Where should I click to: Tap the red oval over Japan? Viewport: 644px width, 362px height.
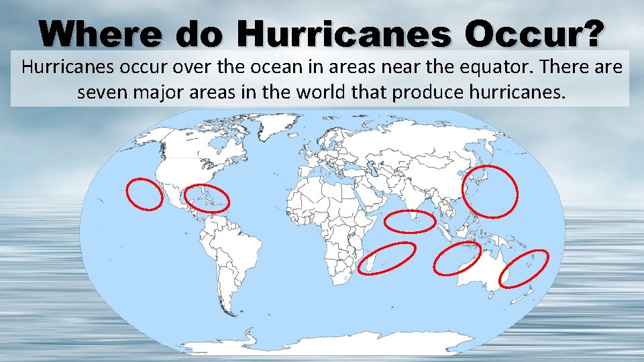point(491,190)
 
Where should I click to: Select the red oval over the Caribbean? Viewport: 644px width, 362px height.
point(207,198)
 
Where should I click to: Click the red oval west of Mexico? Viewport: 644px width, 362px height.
point(144,194)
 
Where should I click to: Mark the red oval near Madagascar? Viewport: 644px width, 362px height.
point(386,258)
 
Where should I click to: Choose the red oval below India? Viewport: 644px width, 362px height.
point(411,221)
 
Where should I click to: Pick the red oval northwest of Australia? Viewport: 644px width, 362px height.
point(458,258)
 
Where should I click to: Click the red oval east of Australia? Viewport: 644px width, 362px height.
point(524,268)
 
